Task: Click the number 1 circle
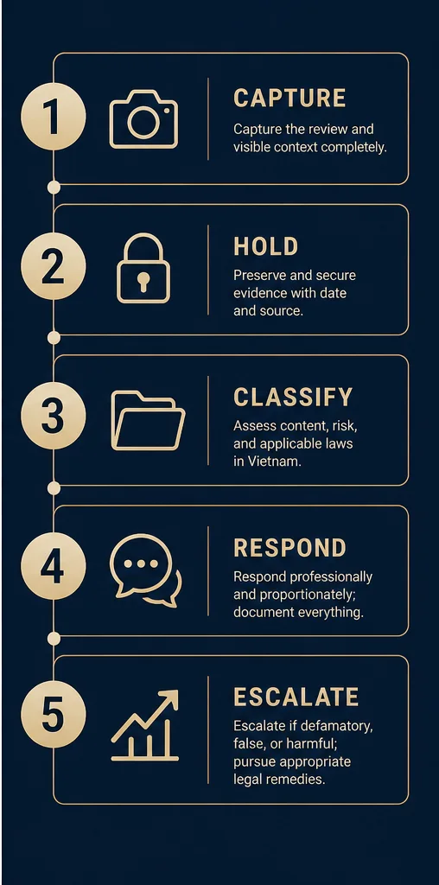tap(53, 117)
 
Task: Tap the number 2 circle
tap(53, 266)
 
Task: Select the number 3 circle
tap(53, 417)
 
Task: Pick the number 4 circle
tap(53, 567)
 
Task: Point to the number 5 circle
tap(53, 716)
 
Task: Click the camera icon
tap(143, 119)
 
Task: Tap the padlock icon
tap(143, 268)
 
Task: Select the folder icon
tap(148, 421)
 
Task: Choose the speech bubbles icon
tap(146, 570)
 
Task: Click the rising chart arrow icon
tap(145, 725)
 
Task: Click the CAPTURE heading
tap(289, 99)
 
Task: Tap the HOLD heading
tap(266, 247)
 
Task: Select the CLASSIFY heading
tap(293, 398)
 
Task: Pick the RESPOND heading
tap(290, 548)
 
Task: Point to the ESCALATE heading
tap(296, 697)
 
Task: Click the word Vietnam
tap(268, 461)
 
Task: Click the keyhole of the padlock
tap(143, 281)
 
